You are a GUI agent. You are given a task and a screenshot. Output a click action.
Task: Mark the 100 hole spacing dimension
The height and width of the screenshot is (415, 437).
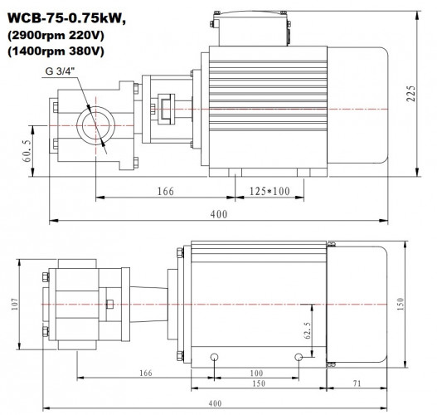[x=256, y=373]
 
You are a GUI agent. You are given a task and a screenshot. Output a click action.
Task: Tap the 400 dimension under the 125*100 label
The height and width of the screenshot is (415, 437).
[x=219, y=215]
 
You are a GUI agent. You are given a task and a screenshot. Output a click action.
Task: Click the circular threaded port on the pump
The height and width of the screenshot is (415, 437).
[x=91, y=127]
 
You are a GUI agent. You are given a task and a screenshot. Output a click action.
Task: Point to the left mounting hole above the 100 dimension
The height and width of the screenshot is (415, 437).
[x=215, y=357]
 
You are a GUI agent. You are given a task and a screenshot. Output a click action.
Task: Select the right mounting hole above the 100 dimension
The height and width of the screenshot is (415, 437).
[x=299, y=357]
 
